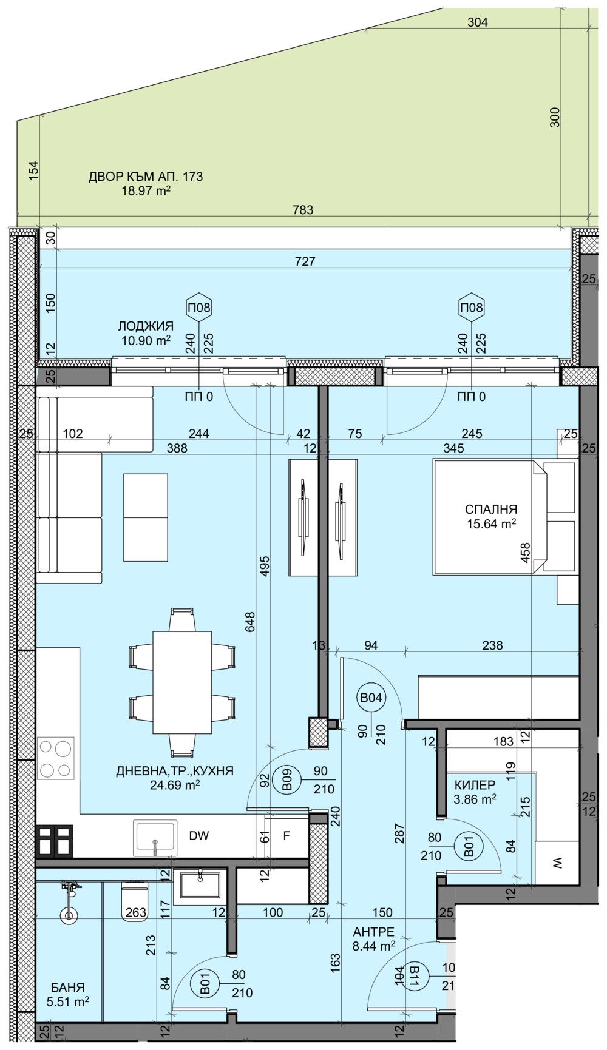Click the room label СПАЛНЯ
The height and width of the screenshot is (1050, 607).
coord(491,509)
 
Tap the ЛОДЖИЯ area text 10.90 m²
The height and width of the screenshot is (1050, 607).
coord(146,341)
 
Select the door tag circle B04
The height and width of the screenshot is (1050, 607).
coord(371,698)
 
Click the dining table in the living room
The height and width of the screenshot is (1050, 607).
coord(182,682)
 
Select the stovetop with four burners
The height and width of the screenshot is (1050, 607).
coord(55,758)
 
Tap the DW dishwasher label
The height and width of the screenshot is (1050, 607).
coord(198,836)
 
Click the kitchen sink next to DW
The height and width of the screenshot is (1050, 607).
coord(156,838)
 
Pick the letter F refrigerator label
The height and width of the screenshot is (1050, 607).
coord(287,836)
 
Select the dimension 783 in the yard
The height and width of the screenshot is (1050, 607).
coord(303,210)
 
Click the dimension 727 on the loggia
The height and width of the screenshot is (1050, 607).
coord(305,261)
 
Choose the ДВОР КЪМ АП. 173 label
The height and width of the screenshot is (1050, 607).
coord(146,177)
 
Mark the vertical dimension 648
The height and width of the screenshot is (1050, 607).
coord(251,623)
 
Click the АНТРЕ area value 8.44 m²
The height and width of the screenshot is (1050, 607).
coord(373,944)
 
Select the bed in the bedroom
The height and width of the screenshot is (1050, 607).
coord(489,516)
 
